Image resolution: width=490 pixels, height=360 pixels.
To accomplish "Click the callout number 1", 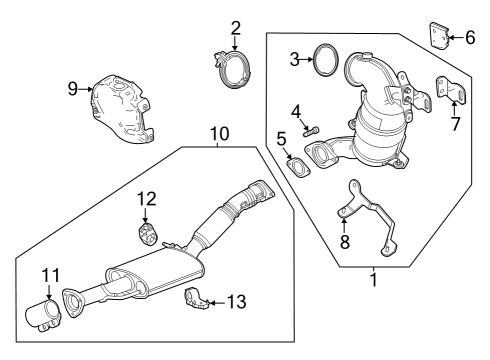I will (374, 281).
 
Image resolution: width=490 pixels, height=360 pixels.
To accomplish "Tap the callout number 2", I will (236, 27).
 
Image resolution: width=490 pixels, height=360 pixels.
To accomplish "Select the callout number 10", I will (219, 133).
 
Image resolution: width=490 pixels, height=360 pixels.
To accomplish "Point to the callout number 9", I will (73, 89).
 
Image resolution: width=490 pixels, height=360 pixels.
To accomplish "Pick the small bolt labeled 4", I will (312, 129).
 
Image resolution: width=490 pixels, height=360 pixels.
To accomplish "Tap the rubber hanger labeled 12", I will (146, 235).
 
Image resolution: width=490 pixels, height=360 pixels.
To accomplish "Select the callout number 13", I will (236, 301).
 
